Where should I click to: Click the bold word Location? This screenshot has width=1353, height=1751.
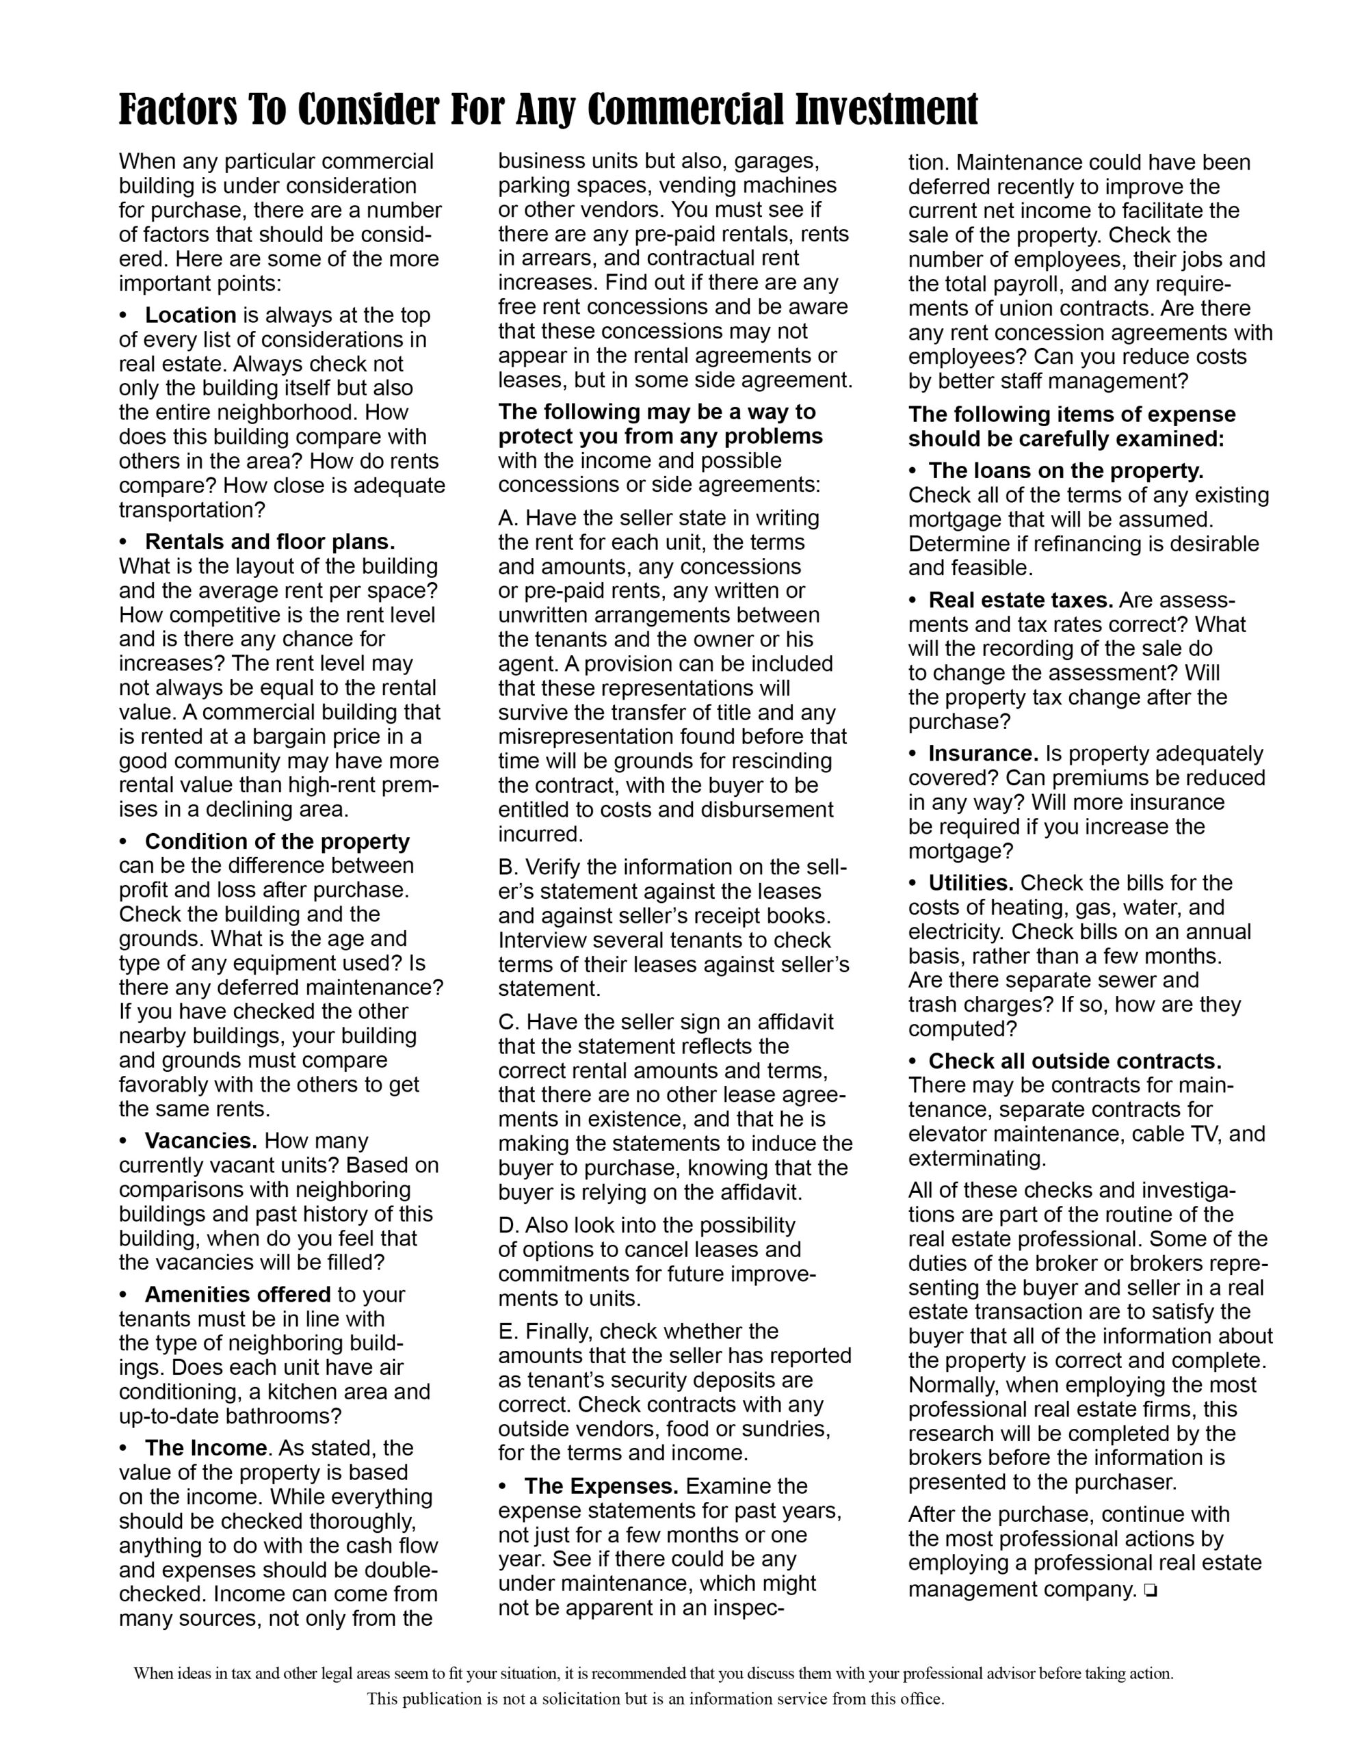coord(190,315)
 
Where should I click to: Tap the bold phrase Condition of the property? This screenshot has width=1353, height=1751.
coord(277,841)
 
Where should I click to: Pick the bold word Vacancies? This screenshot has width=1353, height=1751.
coord(200,1140)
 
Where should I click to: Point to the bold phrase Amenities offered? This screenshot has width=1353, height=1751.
coord(237,1294)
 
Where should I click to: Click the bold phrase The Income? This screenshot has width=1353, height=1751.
coord(205,1447)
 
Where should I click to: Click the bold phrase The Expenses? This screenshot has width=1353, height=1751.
coord(601,1486)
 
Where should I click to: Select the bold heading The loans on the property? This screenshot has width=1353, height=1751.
coord(1066,471)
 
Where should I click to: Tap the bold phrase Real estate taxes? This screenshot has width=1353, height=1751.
coord(1020,600)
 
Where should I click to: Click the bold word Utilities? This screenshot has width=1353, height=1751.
coord(971,883)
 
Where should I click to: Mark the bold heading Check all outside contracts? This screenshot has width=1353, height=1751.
coord(1075,1061)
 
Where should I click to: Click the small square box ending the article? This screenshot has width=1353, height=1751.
coord(1150,1589)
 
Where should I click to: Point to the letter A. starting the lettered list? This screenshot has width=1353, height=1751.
coord(508,518)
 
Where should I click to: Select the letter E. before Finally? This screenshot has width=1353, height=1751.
coord(508,1331)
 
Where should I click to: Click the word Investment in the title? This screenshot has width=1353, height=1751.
coord(886,110)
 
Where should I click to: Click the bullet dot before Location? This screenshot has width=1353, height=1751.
coord(124,316)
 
